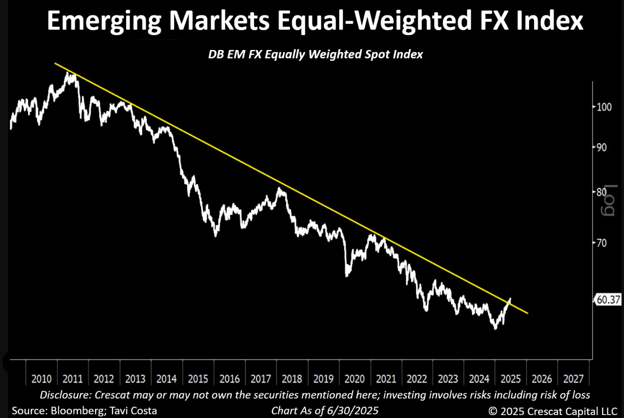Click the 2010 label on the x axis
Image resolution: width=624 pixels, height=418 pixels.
point(42,379)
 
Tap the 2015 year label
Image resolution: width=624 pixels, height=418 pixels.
point(198,379)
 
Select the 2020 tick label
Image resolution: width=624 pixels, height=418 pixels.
point(355,379)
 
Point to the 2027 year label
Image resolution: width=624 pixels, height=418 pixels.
point(574,379)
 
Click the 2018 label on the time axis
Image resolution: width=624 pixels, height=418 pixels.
point(292,379)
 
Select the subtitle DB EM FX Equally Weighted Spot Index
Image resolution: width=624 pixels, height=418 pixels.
point(315,54)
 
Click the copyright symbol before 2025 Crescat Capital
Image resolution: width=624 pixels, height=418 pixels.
point(492,411)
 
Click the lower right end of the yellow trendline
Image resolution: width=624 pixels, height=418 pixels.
point(528,313)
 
